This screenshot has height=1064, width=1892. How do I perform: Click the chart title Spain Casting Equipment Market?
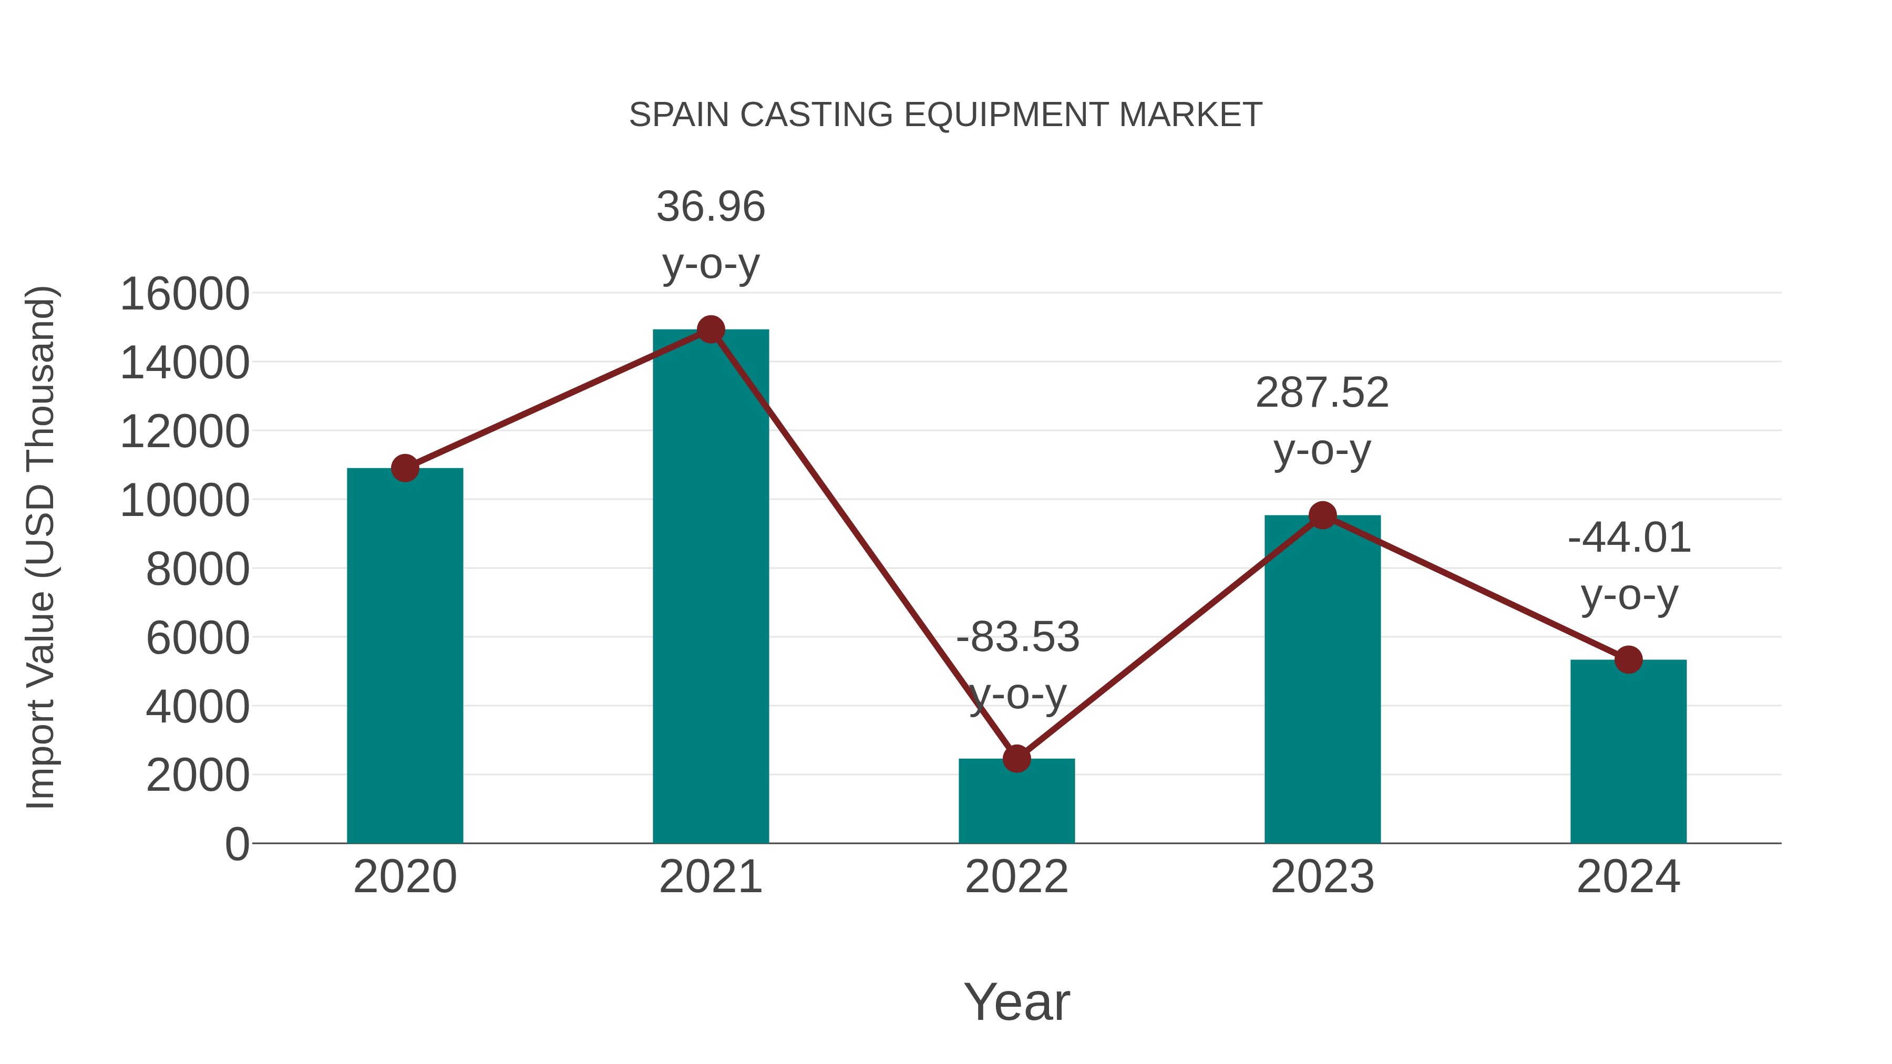pos(945,115)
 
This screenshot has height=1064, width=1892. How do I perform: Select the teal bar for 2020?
pos(405,661)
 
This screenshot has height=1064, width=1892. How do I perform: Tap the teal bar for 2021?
pos(710,587)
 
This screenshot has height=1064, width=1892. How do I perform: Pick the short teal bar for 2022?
pos(1016,804)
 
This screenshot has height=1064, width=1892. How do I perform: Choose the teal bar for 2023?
pos(1322,683)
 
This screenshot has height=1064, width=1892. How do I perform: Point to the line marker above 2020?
pos(405,468)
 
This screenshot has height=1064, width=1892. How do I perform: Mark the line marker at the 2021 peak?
pos(710,329)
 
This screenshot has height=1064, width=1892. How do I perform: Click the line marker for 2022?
pos(1016,759)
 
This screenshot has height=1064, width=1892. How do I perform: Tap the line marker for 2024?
pos(1628,659)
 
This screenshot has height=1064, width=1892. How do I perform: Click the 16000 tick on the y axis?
pos(184,294)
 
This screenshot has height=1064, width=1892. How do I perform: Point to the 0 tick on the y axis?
pos(236,844)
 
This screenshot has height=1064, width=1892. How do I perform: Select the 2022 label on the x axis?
pos(1016,877)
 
